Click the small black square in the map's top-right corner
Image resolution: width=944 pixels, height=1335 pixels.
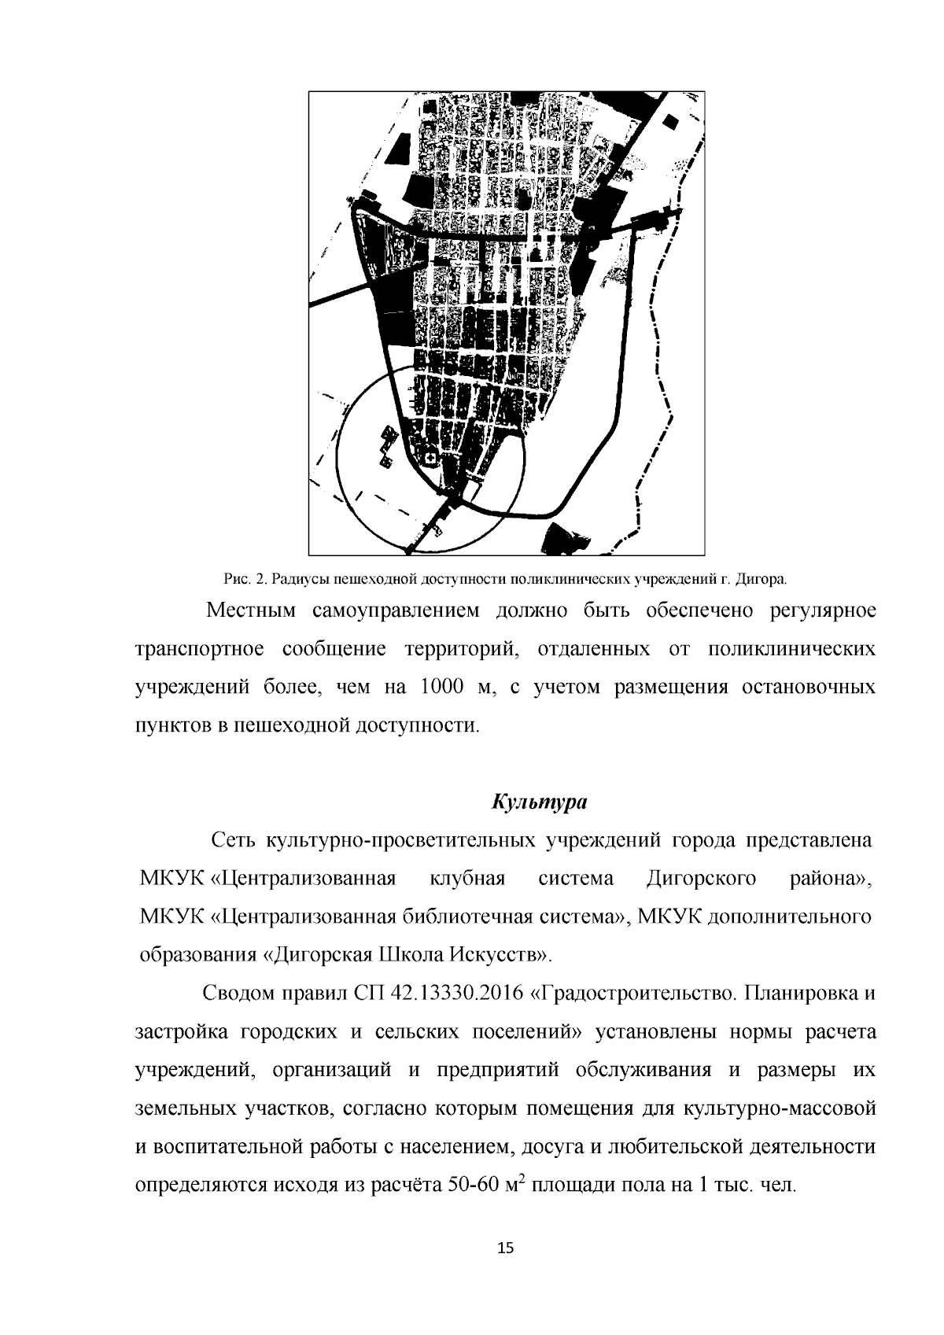coord(671,120)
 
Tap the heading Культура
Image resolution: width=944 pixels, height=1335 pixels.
coord(540,802)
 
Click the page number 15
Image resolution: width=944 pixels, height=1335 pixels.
coord(506,1248)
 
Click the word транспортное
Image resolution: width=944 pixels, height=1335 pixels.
coord(197,649)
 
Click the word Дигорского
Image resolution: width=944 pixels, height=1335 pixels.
coord(701,878)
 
